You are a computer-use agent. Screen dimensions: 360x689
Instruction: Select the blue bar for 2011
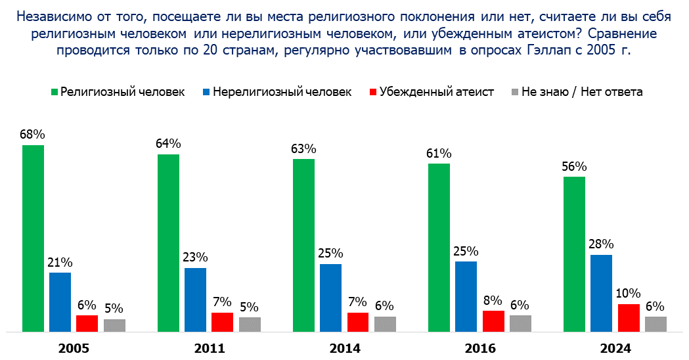point(195,299)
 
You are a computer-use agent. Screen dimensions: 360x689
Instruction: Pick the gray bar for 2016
point(520,323)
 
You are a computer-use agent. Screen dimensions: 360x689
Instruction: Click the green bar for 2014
point(303,245)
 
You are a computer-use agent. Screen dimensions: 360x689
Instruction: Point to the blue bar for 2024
point(601,293)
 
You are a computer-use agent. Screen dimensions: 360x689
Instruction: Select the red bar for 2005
point(87,323)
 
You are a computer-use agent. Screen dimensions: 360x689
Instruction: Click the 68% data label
point(32,135)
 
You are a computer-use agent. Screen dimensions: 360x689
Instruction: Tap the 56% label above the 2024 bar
point(573,166)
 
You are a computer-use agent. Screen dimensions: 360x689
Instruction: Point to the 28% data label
point(601,244)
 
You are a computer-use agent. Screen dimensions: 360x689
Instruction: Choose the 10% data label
point(629,294)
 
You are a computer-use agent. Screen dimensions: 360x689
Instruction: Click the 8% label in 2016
point(493,300)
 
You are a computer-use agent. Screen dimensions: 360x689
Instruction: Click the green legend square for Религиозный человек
point(54,92)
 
